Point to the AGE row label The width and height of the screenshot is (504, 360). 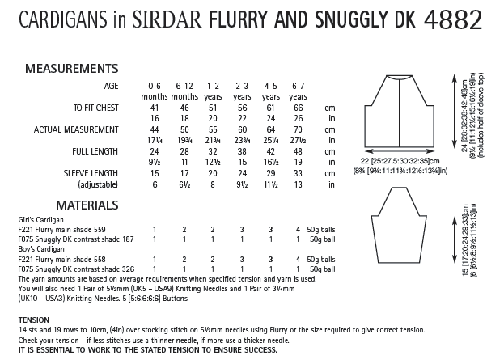(x=115, y=84)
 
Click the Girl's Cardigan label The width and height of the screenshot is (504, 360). (x=36, y=219)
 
